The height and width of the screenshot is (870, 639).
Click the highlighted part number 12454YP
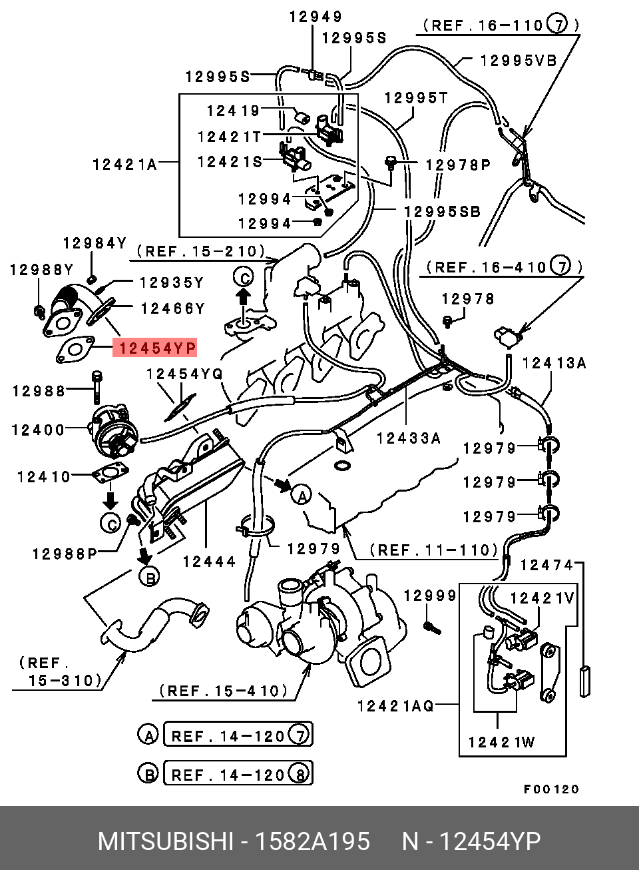click(x=155, y=348)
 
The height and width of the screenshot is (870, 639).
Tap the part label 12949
click(x=315, y=17)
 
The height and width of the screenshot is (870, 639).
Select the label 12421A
click(x=124, y=163)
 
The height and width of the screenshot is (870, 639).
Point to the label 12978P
click(x=457, y=164)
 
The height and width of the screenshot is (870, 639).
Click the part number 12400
click(x=39, y=430)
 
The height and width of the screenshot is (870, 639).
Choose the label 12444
click(x=209, y=562)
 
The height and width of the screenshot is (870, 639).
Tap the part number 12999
click(x=430, y=596)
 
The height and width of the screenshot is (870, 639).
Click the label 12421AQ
click(x=395, y=705)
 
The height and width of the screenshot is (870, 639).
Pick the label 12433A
click(x=409, y=438)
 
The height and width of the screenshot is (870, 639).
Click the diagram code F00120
click(x=552, y=789)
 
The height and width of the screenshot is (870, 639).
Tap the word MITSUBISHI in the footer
click(x=166, y=841)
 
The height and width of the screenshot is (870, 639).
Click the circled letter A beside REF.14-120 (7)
click(x=147, y=735)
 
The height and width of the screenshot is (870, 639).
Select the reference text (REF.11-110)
click(x=433, y=550)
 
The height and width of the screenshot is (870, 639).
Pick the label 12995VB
click(x=518, y=60)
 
